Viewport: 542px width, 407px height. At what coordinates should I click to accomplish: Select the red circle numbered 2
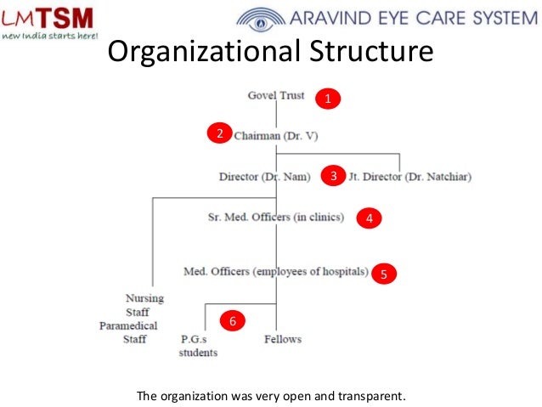pyautogui.click(x=218, y=134)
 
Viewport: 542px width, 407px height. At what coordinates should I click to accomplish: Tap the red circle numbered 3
pyautogui.click(x=334, y=177)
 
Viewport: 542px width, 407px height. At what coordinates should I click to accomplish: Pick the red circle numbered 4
pyautogui.click(x=369, y=219)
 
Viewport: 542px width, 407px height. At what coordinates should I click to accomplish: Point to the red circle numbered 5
pyautogui.click(x=384, y=274)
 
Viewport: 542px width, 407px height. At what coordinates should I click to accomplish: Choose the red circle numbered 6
pyautogui.click(x=232, y=322)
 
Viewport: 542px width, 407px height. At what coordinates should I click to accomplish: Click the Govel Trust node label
pyautogui.click(x=276, y=95)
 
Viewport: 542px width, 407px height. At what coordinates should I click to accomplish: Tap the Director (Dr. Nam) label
pyautogui.click(x=266, y=177)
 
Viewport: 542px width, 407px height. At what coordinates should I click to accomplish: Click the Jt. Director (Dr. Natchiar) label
pyautogui.click(x=409, y=177)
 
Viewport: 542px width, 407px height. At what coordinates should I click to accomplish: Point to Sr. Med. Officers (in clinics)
pyautogui.click(x=275, y=218)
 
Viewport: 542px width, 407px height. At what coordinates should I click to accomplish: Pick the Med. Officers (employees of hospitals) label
pyautogui.click(x=276, y=272)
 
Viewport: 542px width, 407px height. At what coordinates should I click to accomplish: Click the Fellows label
pyautogui.click(x=282, y=339)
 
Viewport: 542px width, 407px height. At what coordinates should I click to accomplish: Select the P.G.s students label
pyautogui.click(x=197, y=346)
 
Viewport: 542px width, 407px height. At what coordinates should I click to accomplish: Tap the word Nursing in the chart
pyautogui.click(x=144, y=298)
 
